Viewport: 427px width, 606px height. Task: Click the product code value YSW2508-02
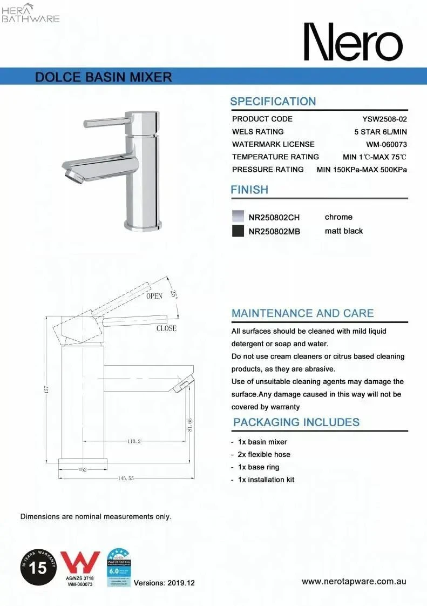[x=384, y=119]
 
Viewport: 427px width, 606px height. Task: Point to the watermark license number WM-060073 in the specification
[x=386, y=144]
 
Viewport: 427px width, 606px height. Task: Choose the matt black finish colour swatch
[x=238, y=231]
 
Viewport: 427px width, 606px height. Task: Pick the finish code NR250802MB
[x=274, y=232]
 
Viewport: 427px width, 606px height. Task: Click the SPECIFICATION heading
[x=273, y=102]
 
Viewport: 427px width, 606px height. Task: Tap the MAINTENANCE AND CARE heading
[x=302, y=313]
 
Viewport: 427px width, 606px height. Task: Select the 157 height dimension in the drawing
[x=47, y=389]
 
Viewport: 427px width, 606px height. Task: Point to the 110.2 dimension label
[x=134, y=441]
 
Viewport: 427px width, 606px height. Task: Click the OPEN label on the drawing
[x=154, y=296]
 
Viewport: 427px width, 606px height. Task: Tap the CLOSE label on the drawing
[x=166, y=328]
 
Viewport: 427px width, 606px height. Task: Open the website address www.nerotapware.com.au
[x=354, y=582]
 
